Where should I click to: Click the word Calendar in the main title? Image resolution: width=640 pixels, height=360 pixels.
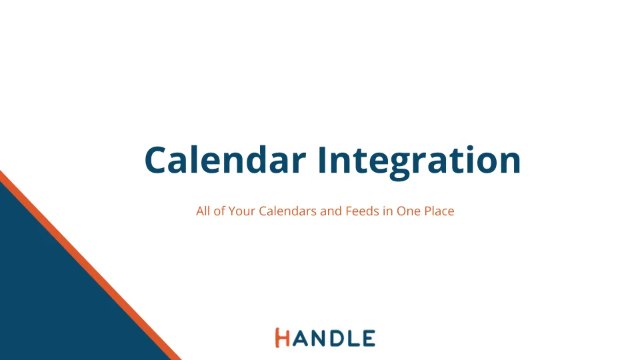coord(225,159)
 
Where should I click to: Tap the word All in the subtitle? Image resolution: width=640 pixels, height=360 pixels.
coord(203,211)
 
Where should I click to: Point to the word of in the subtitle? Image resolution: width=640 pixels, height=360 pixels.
coord(219,211)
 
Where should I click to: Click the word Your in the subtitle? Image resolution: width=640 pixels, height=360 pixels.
coord(241,211)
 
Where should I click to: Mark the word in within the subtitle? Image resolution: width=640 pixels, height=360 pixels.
coord(388,211)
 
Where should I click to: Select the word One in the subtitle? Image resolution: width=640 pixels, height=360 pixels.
coord(409,211)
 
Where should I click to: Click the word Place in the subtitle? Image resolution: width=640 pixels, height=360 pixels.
coord(439,211)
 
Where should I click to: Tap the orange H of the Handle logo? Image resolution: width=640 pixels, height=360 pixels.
coord(283,337)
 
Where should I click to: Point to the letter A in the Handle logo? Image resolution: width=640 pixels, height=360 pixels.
coord(300,339)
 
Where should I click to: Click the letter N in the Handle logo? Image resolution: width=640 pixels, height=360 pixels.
coord(319,339)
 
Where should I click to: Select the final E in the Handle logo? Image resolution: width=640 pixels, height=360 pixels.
coord(369,339)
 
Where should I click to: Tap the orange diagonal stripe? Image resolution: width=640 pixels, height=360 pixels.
coord(91,265)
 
